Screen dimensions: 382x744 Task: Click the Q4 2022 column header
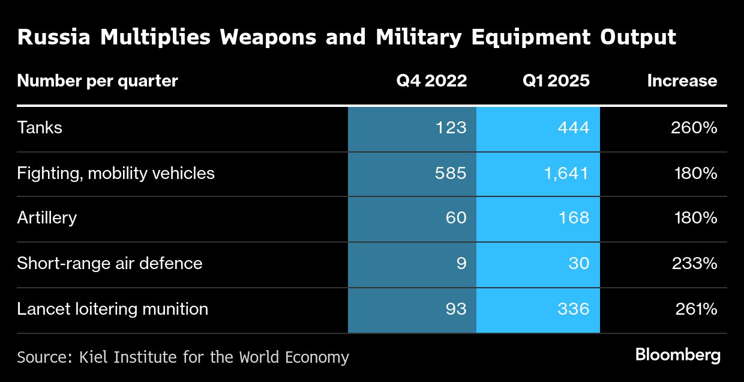coord(431,81)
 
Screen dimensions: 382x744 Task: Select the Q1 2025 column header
coord(556,81)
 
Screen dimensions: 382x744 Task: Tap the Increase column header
coord(682,81)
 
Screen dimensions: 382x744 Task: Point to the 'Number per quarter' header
coord(97,81)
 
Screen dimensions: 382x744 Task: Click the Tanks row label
coord(40,128)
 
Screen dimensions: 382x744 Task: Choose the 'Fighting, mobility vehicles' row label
coord(116,174)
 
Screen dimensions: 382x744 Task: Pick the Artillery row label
coord(47,217)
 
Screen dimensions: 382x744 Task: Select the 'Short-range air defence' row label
coord(110,263)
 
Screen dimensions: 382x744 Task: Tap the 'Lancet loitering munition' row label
coord(113,309)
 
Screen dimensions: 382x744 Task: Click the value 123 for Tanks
coord(450,128)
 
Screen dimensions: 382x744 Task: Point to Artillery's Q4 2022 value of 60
coord(455,217)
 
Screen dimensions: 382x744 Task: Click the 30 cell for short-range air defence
coord(578,263)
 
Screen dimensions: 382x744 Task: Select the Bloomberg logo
coord(677,355)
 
